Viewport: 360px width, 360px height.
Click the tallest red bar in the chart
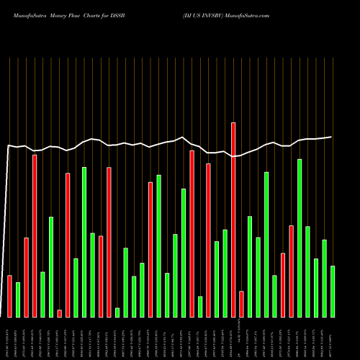tap(233, 220)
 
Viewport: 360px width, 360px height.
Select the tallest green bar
tap(300, 238)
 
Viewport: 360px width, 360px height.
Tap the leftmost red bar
tap(9, 296)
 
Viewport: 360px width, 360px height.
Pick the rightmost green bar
tap(333, 292)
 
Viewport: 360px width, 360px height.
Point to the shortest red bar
tap(59, 313)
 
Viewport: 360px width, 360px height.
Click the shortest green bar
tap(117, 312)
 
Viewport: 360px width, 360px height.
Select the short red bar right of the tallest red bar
tap(241, 304)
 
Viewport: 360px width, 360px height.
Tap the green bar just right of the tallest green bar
tap(307, 271)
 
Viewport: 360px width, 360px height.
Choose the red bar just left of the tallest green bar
tap(291, 271)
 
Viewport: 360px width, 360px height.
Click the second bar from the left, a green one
tap(18, 300)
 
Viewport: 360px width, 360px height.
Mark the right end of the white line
tap(331, 137)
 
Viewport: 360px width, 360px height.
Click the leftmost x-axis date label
tap(9, 338)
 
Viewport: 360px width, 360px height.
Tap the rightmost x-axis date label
tap(333, 338)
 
